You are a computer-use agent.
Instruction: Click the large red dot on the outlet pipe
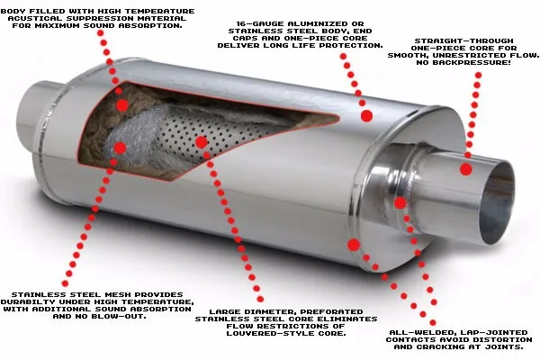pyautogui.click(x=466, y=168)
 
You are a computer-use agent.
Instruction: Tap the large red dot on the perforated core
pyautogui.click(x=201, y=141)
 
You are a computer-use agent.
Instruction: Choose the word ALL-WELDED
pyautogui.click(x=413, y=333)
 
